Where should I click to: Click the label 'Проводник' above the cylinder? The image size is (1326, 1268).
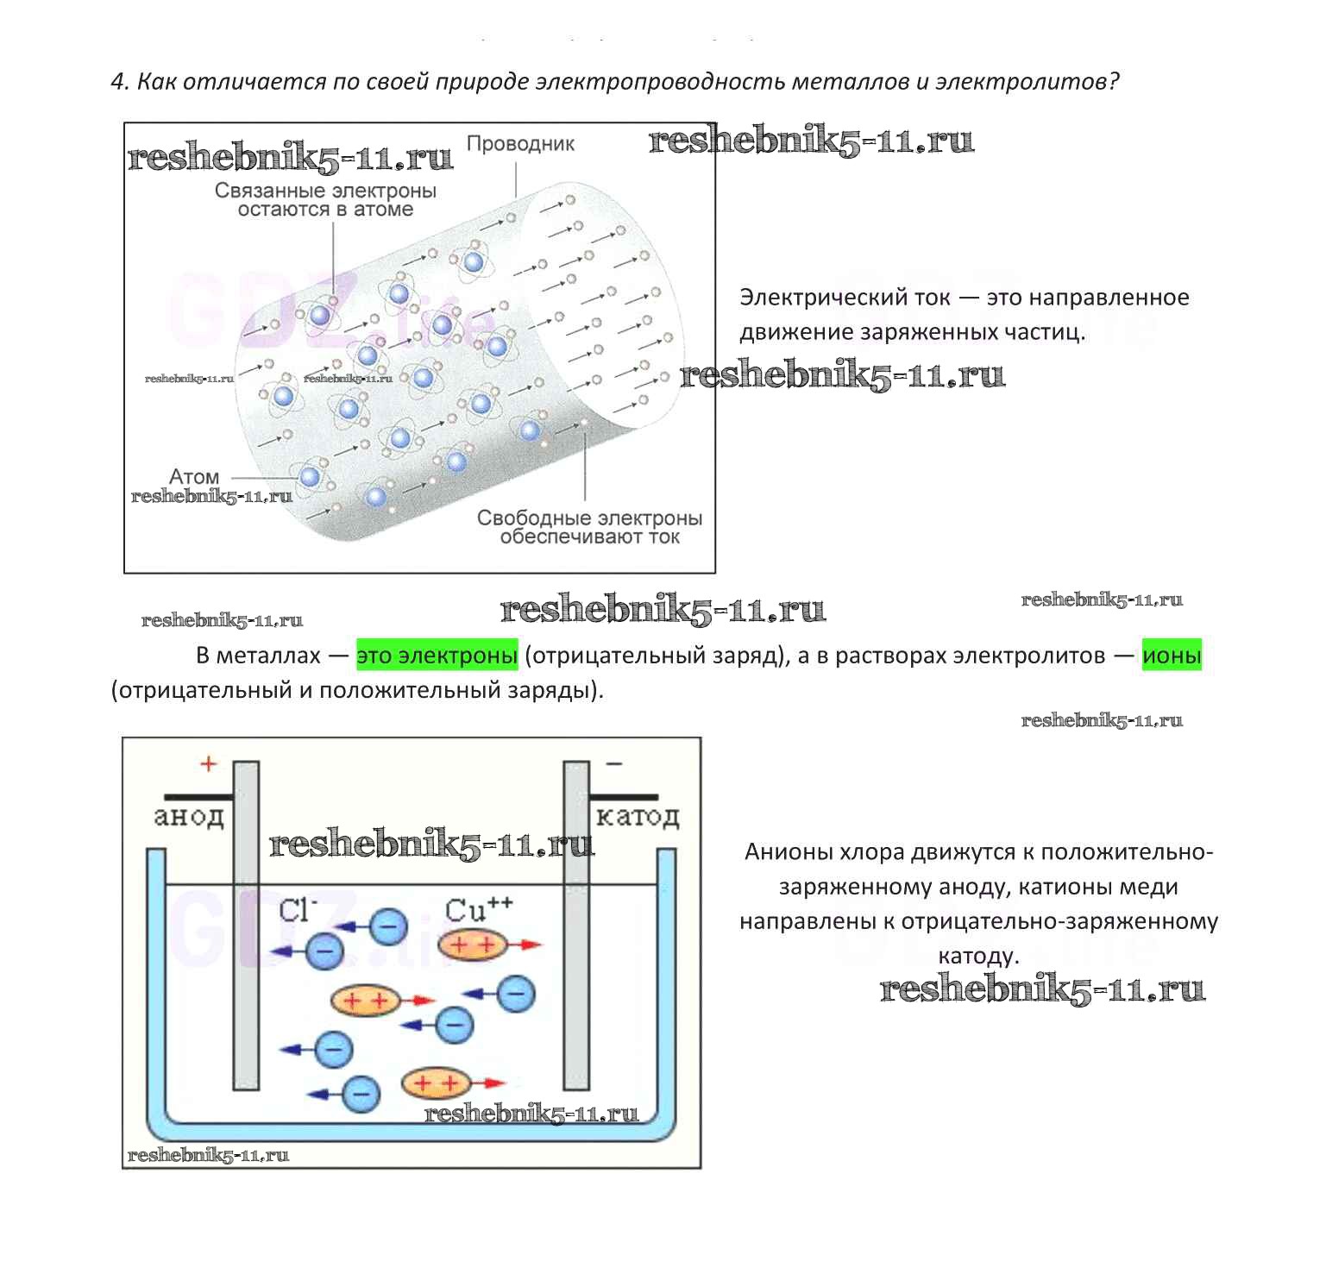point(520,144)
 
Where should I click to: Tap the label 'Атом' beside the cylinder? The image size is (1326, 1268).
point(194,477)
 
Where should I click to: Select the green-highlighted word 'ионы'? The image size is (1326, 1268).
point(1172,656)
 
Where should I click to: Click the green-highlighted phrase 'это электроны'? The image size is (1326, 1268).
point(437,656)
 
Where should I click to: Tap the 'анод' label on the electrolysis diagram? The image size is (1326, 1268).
point(189,816)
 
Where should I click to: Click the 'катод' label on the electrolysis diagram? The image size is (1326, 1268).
point(638,816)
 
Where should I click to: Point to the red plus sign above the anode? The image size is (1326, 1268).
point(208,763)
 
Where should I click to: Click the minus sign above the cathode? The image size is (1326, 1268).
point(614,763)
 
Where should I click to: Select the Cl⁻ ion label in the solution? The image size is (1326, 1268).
point(298,910)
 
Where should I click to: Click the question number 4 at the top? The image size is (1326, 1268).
point(119,82)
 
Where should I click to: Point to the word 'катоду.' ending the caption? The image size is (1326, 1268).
point(978,956)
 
